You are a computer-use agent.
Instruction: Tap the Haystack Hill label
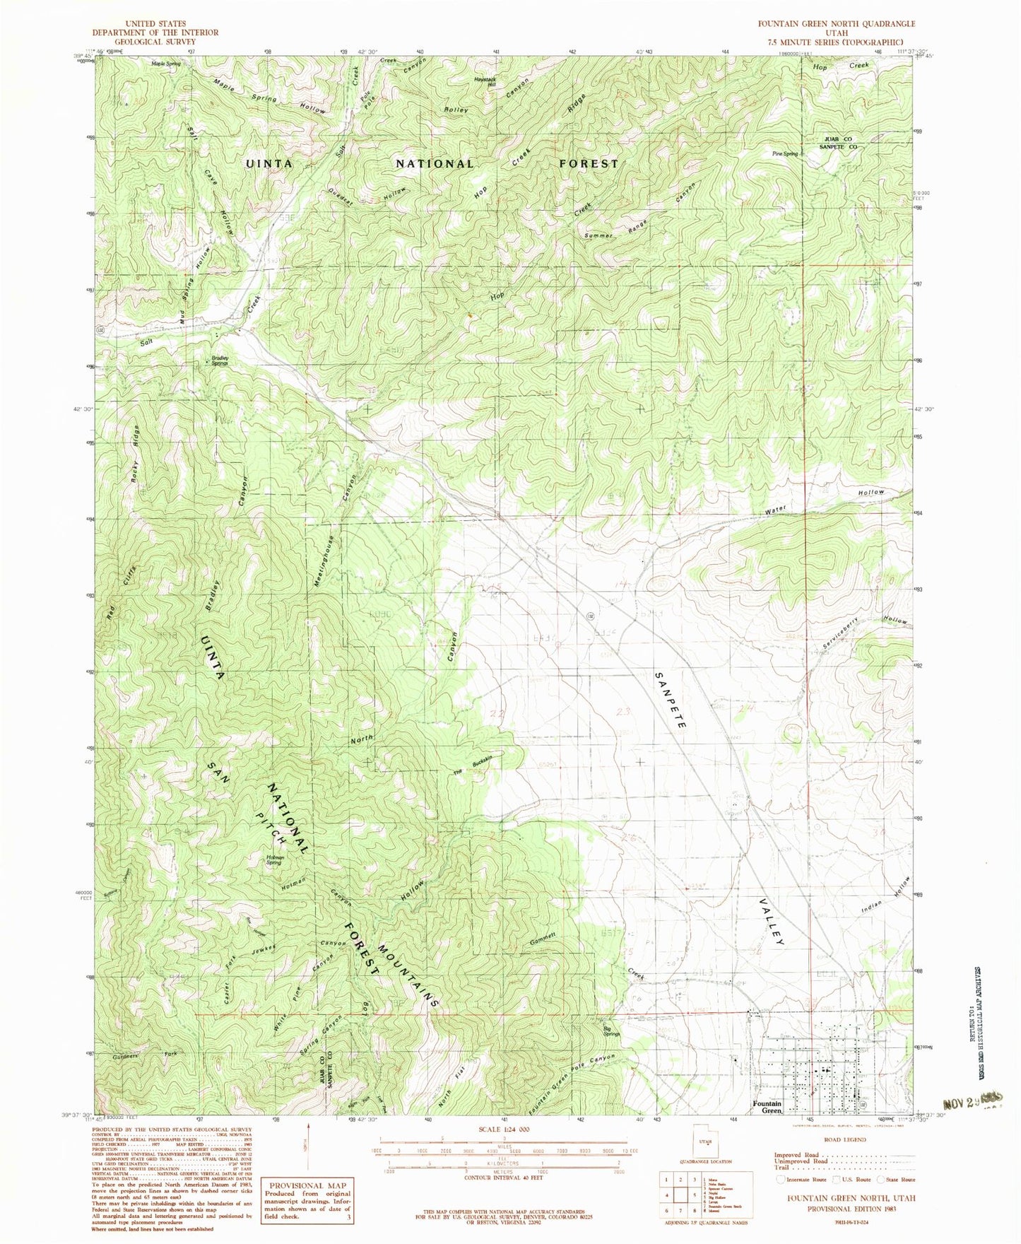click(x=482, y=81)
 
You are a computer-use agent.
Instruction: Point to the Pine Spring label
click(x=785, y=153)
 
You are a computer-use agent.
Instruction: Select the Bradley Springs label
click(x=220, y=360)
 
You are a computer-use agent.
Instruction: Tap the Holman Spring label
click(x=274, y=860)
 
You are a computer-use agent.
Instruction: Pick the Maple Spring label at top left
click(x=166, y=64)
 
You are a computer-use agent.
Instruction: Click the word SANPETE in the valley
click(x=670, y=700)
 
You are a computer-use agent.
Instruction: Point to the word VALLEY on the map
click(x=772, y=922)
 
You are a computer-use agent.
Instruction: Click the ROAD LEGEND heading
click(x=845, y=1139)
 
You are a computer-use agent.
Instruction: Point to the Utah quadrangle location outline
click(x=702, y=1145)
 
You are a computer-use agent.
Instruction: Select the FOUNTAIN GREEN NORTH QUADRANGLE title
click(x=836, y=23)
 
